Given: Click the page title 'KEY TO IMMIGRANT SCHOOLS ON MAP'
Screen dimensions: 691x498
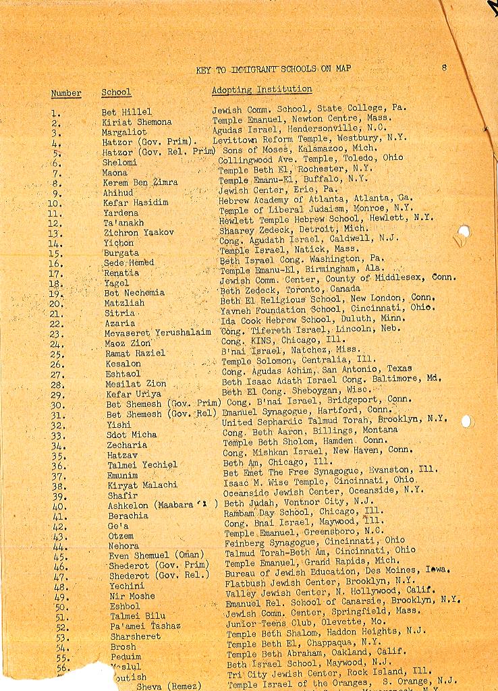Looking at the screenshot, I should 273,69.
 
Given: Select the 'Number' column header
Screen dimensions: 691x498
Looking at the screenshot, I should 66,93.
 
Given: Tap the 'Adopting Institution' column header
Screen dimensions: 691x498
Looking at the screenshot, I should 262,89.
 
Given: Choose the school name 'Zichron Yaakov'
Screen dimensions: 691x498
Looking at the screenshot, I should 138,233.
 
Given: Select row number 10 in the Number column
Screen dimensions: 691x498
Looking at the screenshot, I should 55,203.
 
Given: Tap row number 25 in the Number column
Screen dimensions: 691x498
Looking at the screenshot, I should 57,354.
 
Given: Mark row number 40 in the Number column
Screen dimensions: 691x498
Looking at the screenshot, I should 59,505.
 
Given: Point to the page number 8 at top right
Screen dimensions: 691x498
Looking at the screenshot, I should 444,67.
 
